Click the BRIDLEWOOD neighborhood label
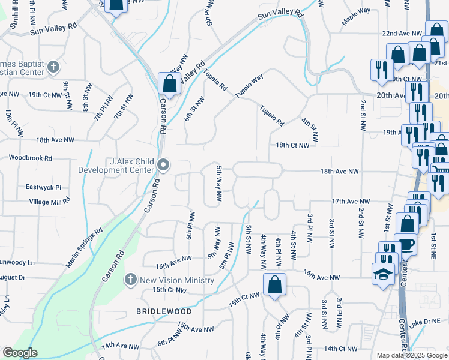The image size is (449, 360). coord(164,311)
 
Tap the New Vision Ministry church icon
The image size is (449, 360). coord(131,280)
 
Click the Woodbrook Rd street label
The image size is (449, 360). coord(31,158)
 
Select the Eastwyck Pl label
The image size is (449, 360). coord(44,187)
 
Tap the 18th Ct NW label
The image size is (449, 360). coord(292,145)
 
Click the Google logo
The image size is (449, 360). coord(20,353)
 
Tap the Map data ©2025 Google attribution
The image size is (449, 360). coord(411,355)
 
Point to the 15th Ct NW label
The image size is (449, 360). coord(169,290)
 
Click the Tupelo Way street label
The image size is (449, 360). coord(249,86)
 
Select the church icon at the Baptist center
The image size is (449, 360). coord(53,67)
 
